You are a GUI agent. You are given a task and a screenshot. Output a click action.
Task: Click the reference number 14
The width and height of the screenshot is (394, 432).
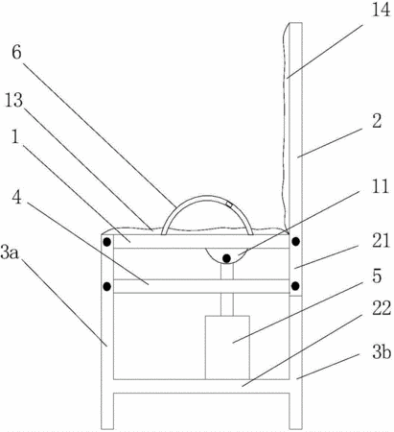pyautogui.click(x=381, y=10)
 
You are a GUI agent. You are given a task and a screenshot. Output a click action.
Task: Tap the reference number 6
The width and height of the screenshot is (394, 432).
pyautogui.click(x=16, y=52)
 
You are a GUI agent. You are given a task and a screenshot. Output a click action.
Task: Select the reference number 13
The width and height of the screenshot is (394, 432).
pyautogui.click(x=13, y=100)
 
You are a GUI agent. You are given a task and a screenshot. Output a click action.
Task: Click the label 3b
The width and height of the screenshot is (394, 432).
pyautogui.click(x=382, y=352)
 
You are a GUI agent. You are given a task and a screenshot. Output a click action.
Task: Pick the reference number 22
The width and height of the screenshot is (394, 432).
pyautogui.click(x=382, y=308)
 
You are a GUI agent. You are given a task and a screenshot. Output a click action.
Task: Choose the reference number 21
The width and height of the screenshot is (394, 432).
pyautogui.click(x=381, y=241)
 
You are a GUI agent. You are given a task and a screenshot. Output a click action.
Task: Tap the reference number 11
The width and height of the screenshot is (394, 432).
pyautogui.click(x=381, y=186)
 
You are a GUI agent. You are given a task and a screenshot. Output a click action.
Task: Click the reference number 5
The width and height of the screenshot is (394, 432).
pyautogui.click(x=377, y=276)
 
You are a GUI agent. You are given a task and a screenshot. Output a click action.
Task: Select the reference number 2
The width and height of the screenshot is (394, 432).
pyautogui.click(x=377, y=121)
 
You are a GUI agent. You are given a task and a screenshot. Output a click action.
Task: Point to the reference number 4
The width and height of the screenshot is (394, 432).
pyautogui.click(x=16, y=197)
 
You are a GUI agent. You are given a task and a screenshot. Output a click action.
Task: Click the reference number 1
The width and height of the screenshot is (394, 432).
pyautogui.click(x=15, y=137)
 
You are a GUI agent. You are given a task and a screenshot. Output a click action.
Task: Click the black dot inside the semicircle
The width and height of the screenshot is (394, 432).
pyautogui.click(x=226, y=258)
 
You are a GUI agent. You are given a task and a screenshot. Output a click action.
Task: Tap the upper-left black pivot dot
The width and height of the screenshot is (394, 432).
pyautogui.click(x=107, y=242)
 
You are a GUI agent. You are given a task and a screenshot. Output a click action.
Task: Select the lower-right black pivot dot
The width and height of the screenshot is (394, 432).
pyautogui.click(x=295, y=285)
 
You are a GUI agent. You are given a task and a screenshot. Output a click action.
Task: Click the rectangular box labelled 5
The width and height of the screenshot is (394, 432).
pyautogui.click(x=227, y=348)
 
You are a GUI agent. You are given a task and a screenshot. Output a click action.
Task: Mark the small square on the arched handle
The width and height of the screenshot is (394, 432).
pyautogui.click(x=229, y=204)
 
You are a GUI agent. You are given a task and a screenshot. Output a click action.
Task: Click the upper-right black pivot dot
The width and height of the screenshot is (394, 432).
pyautogui.click(x=296, y=241)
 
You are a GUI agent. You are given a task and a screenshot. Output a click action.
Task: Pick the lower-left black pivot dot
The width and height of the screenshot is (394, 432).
pyautogui.click(x=107, y=286)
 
